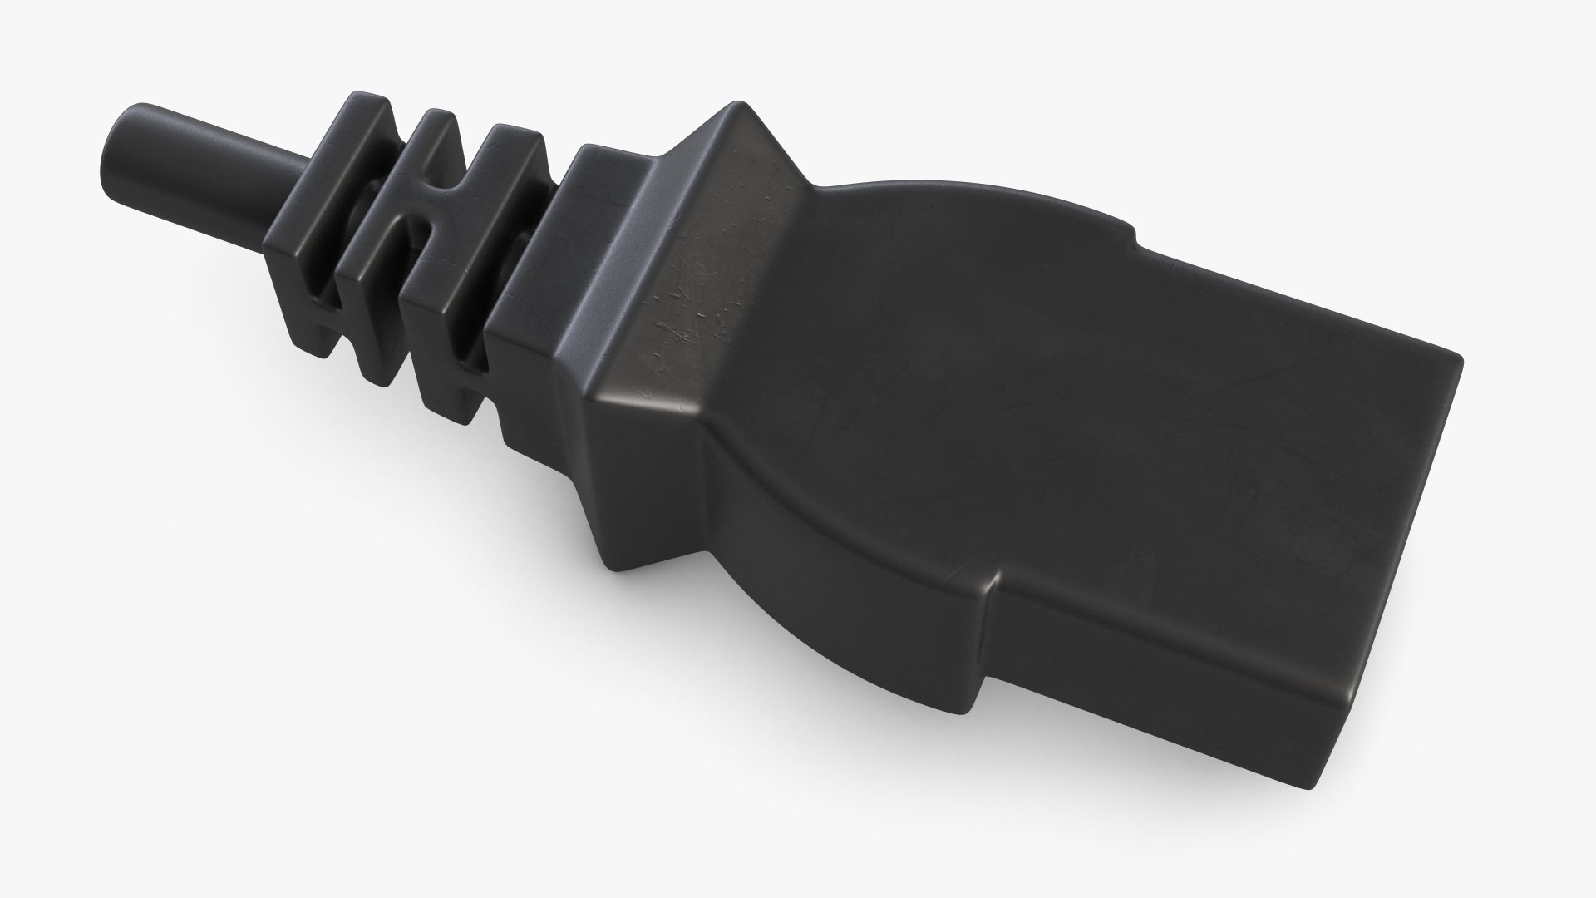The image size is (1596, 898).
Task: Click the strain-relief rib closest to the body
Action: pyautogui.click(x=465, y=274)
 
